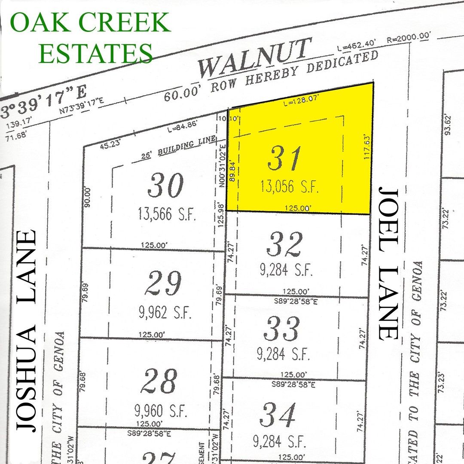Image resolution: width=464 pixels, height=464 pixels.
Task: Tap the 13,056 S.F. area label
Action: (290, 187)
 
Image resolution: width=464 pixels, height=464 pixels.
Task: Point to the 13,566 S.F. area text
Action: (167, 213)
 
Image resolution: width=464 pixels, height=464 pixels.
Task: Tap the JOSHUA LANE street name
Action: (25, 330)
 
